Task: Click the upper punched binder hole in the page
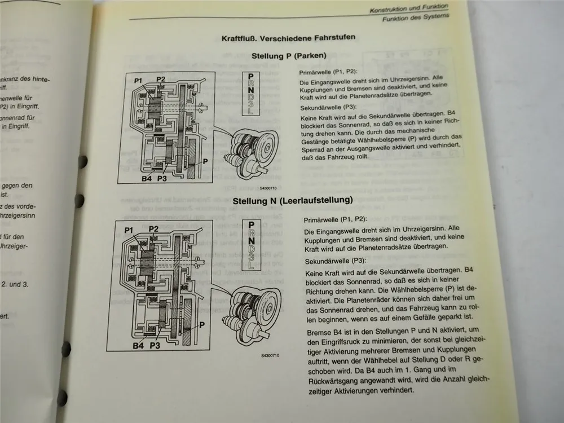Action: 83,160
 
